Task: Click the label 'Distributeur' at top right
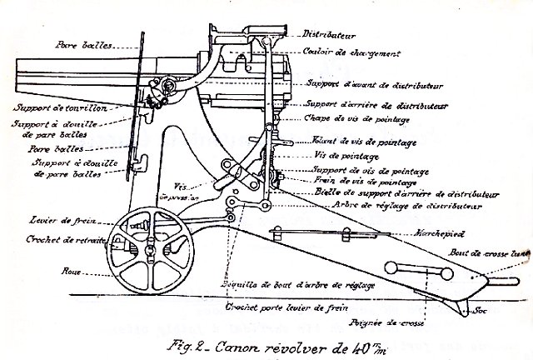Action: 331,36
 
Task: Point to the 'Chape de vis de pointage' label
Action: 345,120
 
